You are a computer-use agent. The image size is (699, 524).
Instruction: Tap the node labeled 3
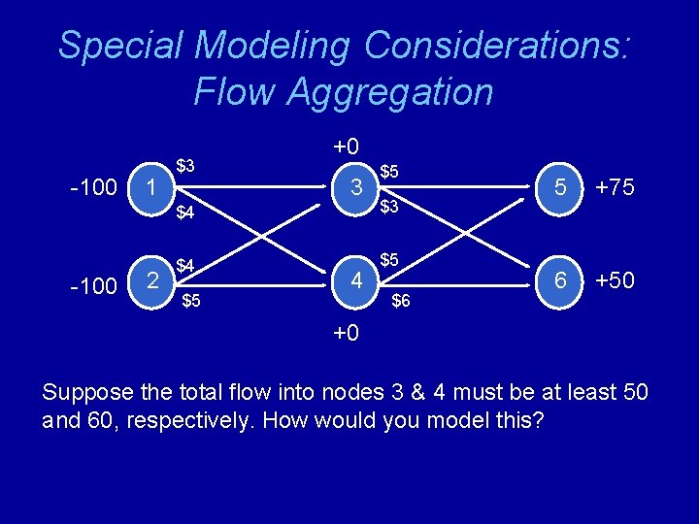tap(357, 186)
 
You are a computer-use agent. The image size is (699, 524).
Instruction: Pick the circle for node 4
tap(357, 282)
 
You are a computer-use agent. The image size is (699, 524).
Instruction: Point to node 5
tap(560, 186)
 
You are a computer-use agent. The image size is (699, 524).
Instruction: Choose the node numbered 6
tap(560, 282)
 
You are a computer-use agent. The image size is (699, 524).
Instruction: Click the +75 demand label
tap(616, 187)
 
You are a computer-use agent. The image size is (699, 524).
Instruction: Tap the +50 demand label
tap(616, 281)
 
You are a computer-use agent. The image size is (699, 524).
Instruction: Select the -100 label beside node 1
tap(94, 187)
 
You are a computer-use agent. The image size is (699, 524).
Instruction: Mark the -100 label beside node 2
tap(94, 285)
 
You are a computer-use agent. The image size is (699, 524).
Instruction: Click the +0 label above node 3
tap(347, 147)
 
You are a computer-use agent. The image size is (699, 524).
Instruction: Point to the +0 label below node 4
tap(347, 333)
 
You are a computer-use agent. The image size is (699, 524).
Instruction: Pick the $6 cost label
tap(401, 302)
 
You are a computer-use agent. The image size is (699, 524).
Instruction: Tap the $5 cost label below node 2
tap(190, 301)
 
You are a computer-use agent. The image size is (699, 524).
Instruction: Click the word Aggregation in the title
tap(344, 92)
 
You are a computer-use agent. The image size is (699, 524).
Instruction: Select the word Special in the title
tap(120, 45)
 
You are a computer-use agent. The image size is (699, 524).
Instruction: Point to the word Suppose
tap(83, 392)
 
